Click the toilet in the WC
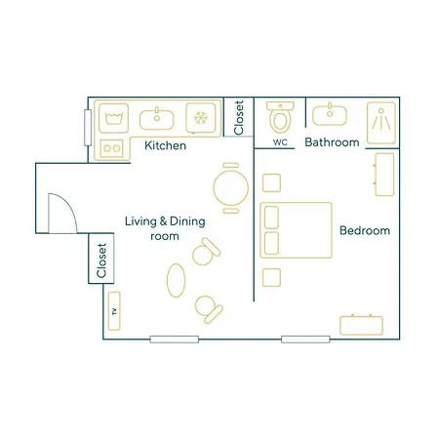coord(280,117)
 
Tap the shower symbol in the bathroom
coord(381,123)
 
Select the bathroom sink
coord(330,114)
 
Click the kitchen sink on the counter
coord(157,119)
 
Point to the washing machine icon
coord(113,118)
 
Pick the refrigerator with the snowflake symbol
coord(201,118)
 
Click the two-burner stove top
coord(111,148)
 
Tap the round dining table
coord(231,188)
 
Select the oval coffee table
coord(176,280)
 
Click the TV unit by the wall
coord(114,311)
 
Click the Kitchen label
coord(165,145)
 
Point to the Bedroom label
coord(365,230)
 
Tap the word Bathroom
coord(332,142)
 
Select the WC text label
coord(280,142)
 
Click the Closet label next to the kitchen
coord(239,117)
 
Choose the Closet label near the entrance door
coord(101,260)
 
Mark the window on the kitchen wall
coord(88,128)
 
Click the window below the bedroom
coord(305,339)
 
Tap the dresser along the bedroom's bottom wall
coord(361,325)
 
